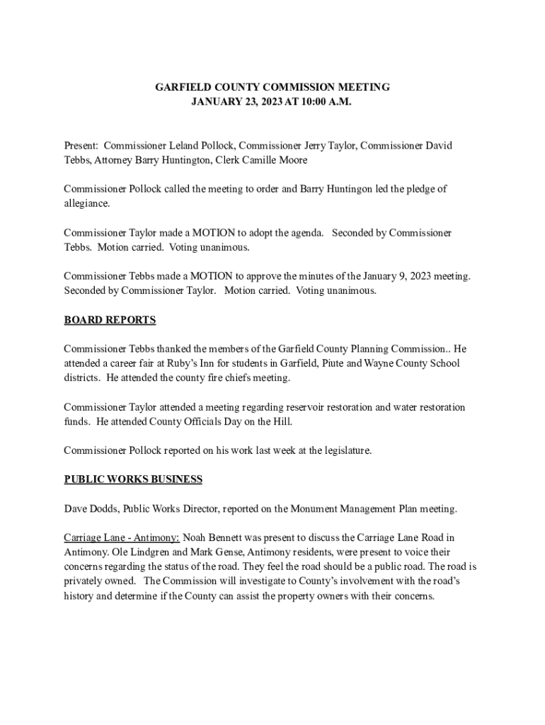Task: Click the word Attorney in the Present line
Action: (112, 160)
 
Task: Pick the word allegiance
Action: (86, 203)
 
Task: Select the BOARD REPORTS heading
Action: (110, 320)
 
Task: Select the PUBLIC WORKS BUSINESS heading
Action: (133, 479)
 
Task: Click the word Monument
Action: (316, 508)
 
